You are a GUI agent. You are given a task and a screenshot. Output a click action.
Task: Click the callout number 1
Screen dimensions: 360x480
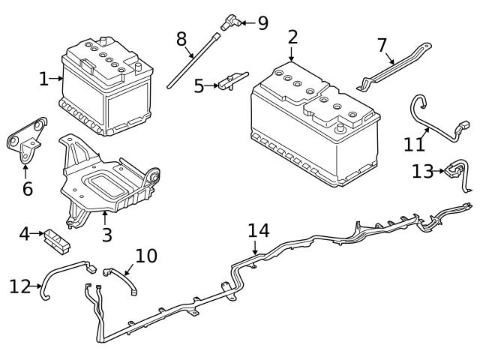click(43, 77)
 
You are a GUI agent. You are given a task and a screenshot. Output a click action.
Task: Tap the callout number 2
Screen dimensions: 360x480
click(292, 37)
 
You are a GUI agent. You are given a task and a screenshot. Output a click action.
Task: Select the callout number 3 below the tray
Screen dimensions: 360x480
click(106, 235)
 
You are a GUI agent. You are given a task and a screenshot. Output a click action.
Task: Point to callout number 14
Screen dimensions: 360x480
click(258, 230)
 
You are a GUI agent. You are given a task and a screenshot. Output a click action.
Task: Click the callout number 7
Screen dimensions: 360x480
click(382, 45)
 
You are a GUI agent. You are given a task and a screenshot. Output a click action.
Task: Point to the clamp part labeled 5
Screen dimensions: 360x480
click(229, 83)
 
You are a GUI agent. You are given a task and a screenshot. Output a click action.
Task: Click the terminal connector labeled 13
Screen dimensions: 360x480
click(453, 172)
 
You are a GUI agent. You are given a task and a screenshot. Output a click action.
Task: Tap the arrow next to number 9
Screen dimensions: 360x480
click(246, 23)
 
